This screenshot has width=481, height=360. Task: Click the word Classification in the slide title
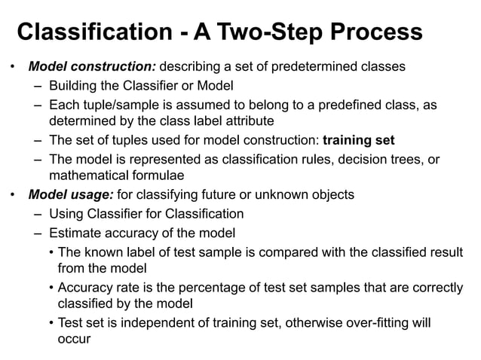[93, 33]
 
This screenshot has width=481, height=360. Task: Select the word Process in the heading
[378, 33]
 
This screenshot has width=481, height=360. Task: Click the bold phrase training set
[358, 140]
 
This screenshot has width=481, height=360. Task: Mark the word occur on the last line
[74, 340]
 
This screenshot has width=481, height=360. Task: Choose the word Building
[74, 85]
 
